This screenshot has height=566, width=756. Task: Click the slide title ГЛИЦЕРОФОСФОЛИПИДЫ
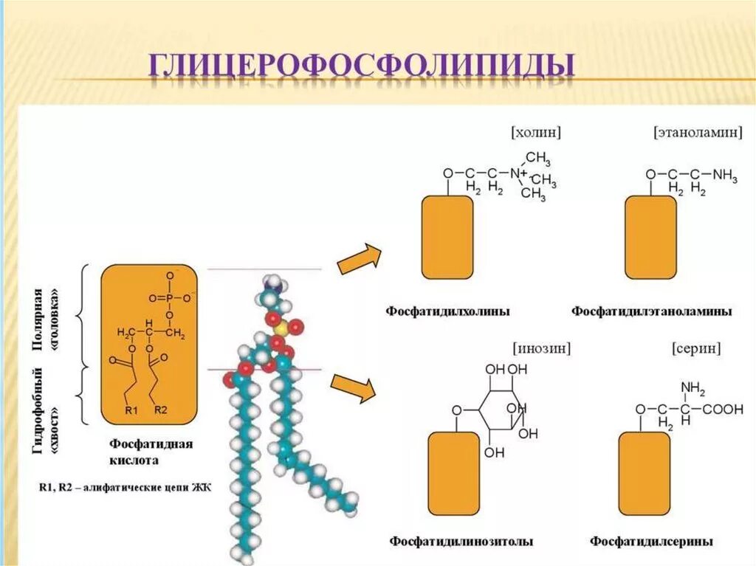(x=362, y=66)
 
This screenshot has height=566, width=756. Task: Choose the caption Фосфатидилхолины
(x=447, y=311)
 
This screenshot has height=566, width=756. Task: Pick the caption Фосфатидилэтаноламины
(x=652, y=311)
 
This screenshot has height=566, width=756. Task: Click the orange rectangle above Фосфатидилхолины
(x=447, y=238)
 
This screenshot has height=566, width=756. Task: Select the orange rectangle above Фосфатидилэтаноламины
(x=650, y=238)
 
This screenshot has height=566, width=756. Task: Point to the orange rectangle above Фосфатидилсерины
(x=644, y=473)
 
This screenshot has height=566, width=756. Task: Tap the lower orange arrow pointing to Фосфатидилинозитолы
(x=353, y=388)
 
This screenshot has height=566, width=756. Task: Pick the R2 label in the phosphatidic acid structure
(x=161, y=410)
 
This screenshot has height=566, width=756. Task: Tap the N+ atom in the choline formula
(x=517, y=173)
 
